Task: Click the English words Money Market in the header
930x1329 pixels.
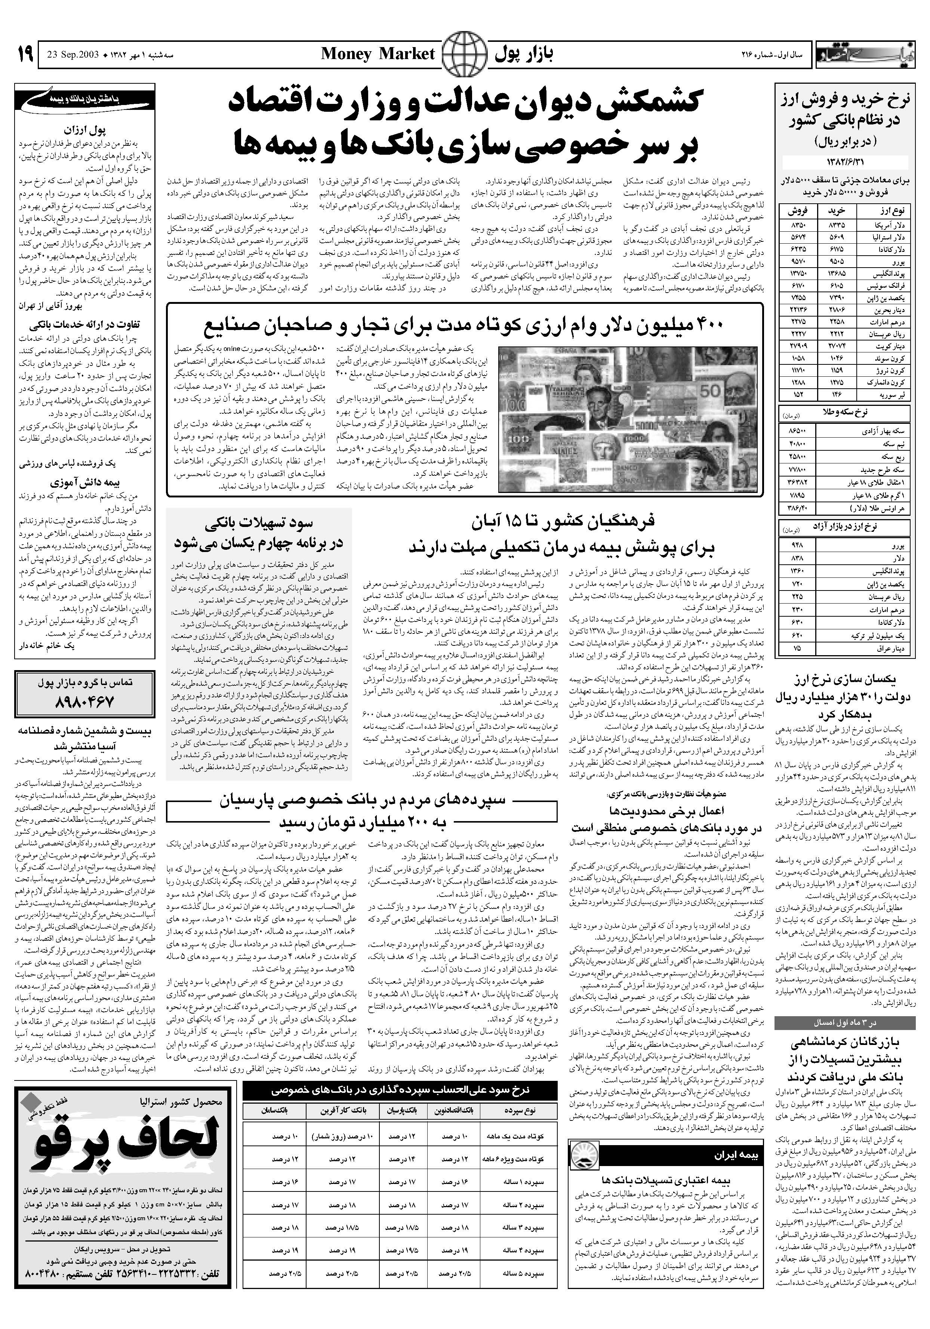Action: point(377,55)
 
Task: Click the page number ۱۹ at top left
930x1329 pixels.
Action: point(25,55)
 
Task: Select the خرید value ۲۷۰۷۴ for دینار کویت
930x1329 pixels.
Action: point(838,346)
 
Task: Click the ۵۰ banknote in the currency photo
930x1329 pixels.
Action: point(710,389)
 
